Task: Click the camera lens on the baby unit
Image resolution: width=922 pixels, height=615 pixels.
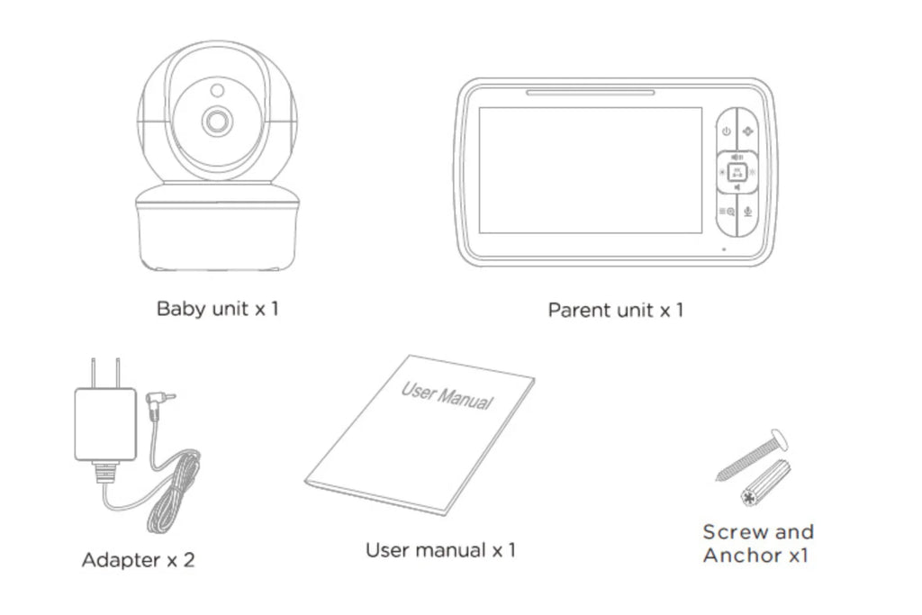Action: point(217,122)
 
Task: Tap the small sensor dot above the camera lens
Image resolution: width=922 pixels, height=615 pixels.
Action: point(217,90)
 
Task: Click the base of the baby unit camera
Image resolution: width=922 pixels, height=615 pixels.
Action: point(217,230)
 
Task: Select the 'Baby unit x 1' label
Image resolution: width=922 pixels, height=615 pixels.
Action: point(217,309)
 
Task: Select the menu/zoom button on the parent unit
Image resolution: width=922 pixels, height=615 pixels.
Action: point(727,213)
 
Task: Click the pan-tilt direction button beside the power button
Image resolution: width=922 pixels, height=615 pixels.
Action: point(748,131)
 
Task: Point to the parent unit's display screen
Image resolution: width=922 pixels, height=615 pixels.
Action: point(589,171)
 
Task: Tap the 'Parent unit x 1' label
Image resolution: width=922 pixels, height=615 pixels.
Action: point(616,310)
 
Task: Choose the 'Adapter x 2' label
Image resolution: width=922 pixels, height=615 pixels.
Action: point(138,559)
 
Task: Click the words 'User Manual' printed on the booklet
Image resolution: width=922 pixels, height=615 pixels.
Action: point(447,394)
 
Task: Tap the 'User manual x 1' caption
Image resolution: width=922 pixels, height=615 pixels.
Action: point(440,549)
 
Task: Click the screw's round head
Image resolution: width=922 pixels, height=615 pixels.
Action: point(779,442)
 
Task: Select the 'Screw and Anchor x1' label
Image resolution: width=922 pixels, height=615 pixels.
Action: point(757,543)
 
